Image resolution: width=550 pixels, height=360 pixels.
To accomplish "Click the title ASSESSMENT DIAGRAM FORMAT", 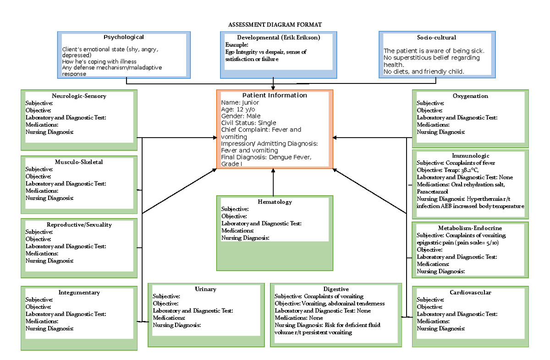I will [x=275, y=24].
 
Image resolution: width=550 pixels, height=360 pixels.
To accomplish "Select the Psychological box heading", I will [x=123, y=37].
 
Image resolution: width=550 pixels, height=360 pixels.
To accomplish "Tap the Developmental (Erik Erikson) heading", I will [x=278, y=37].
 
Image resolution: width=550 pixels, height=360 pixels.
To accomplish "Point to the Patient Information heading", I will [x=275, y=95].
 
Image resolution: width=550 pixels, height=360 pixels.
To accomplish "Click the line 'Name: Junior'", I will [x=240, y=102].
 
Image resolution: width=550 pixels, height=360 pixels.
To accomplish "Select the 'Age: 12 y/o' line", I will [x=238, y=109].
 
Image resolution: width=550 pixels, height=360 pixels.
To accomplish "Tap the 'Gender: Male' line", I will [x=241, y=116].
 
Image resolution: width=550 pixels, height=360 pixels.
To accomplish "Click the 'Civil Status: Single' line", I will [x=248, y=123].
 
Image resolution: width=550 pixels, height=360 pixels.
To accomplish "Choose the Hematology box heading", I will [x=275, y=202].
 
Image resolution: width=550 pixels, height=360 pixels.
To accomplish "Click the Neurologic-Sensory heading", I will [x=79, y=96].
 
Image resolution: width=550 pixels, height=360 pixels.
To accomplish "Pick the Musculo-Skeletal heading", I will [x=79, y=162].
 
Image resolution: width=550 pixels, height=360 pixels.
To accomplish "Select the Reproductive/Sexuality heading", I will [x=79, y=225].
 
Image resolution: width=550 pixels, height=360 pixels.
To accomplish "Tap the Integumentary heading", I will [x=79, y=293].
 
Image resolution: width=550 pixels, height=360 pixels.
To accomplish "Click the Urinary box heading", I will [x=205, y=289].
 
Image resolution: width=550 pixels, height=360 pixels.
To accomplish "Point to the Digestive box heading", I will [x=336, y=289].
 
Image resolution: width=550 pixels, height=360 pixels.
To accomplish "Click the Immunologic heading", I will [x=470, y=156].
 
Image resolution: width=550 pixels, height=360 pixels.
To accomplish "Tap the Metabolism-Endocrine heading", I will [x=470, y=228].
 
